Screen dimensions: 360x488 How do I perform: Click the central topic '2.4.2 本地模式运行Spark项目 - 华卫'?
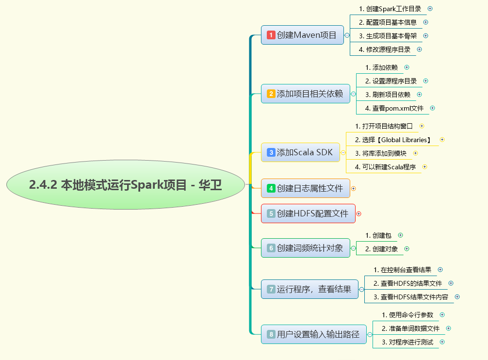tap(125, 185)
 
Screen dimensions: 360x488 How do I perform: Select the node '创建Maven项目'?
tap(306, 35)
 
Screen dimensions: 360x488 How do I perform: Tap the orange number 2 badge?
tap(271, 94)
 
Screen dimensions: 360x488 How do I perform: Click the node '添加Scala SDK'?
tap(304, 152)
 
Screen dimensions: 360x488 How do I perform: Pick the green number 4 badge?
tap(271, 188)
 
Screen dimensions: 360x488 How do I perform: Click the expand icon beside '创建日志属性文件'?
tap(354, 188)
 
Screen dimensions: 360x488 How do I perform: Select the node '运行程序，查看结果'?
tap(314, 289)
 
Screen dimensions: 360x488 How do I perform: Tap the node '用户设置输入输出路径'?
tap(318, 334)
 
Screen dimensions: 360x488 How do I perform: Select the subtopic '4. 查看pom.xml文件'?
tap(394, 108)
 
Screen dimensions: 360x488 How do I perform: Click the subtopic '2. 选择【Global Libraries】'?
tap(393, 140)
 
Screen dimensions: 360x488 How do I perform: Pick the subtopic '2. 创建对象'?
tap(381, 249)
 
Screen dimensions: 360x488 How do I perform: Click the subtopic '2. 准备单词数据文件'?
tap(410, 328)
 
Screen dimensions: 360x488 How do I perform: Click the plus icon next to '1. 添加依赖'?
tap(407, 67)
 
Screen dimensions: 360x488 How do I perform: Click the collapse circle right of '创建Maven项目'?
tap(347, 35)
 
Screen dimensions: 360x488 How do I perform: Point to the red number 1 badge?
tap(271, 35)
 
